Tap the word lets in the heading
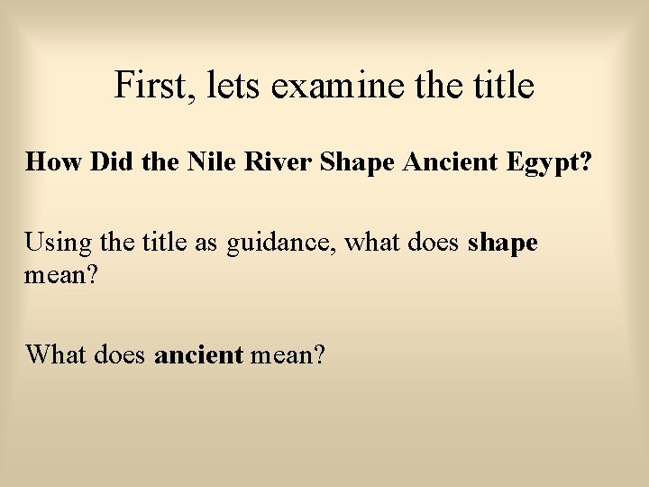point(233,86)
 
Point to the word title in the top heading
point(500,86)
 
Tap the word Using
point(52,243)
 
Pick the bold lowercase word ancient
point(199,354)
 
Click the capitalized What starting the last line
point(54,354)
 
